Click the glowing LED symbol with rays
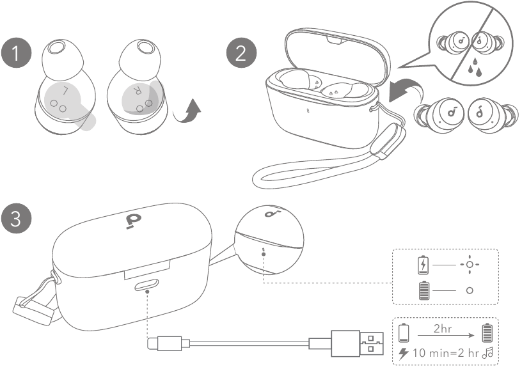coord(470,264)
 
